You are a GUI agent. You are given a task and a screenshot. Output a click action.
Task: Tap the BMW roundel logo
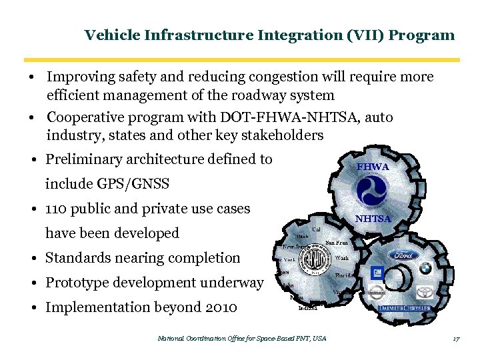(x=425, y=268)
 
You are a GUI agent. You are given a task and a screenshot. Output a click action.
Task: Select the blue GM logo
(x=377, y=273)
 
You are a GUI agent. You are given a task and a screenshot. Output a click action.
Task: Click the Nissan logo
(x=377, y=293)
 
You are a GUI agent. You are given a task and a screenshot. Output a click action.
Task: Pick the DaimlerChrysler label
(x=404, y=309)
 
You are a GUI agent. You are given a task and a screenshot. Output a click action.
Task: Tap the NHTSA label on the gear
(x=373, y=218)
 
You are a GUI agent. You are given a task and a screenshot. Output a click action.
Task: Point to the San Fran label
(x=337, y=243)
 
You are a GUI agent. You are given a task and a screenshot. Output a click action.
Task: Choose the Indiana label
(x=307, y=308)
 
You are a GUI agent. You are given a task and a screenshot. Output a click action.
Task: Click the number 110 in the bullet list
(x=58, y=209)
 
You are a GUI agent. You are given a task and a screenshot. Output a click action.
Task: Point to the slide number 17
(x=456, y=339)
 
